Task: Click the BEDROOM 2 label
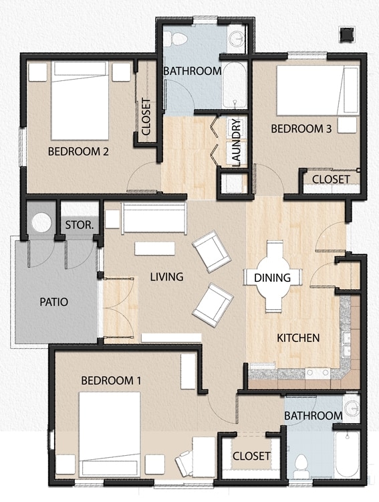click(78, 151)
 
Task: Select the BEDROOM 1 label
click(111, 380)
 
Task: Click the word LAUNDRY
click(236, 142)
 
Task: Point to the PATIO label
click(53, 302)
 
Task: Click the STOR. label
click(78, 224)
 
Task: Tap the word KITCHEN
click(298, 337)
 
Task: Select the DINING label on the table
click(272, 278)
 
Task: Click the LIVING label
click(166, 276)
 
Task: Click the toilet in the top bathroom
click(178, 38)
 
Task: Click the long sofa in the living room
click(154, 218)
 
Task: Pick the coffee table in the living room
click(154, 248)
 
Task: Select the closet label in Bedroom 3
click(331, 179)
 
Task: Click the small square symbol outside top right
click(347, 34)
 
